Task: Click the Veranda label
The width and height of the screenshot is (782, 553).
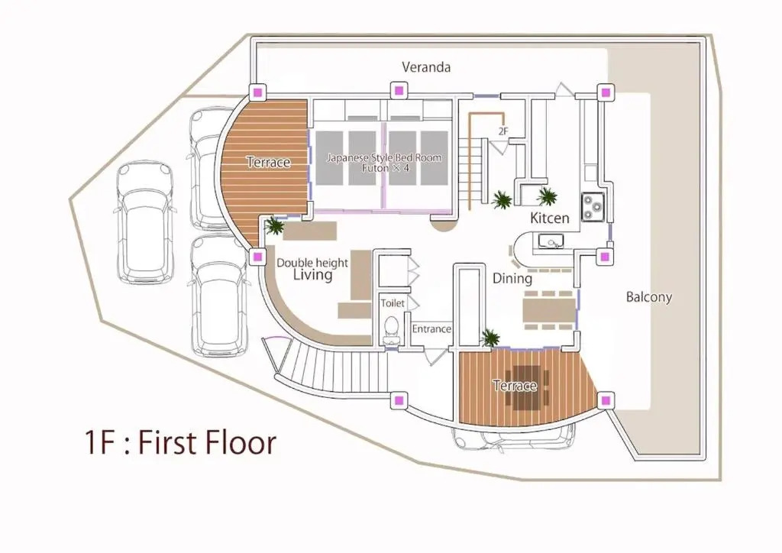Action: pos(426,66)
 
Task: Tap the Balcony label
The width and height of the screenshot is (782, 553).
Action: pos(649,297)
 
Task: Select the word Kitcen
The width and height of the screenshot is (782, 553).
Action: pos(549,218)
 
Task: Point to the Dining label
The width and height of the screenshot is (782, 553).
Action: pos(512,278)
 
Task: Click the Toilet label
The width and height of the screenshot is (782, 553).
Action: pos(393,303)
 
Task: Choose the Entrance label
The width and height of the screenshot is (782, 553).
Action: pos(431,329)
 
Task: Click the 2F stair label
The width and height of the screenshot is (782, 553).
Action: pos(503,131)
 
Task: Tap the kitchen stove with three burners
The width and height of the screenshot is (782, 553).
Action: pos(593,207)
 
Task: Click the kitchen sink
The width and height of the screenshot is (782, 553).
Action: pos(551,242)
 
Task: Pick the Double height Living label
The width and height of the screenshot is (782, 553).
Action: pos(312,269)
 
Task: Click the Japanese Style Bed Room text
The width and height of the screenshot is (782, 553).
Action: pos(384,158)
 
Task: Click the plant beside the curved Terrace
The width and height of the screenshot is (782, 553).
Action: pos(274,226)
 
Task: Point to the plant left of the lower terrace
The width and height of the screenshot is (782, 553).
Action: pos(490,338)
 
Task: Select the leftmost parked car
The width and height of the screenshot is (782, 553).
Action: pos(145,222)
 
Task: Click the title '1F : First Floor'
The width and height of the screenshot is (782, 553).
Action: pos(180,441)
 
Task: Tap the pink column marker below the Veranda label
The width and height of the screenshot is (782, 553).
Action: pos(398,91)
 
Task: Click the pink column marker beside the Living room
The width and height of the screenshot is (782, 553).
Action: pos(257,257)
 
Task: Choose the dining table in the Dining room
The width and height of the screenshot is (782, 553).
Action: pos(548,310)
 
